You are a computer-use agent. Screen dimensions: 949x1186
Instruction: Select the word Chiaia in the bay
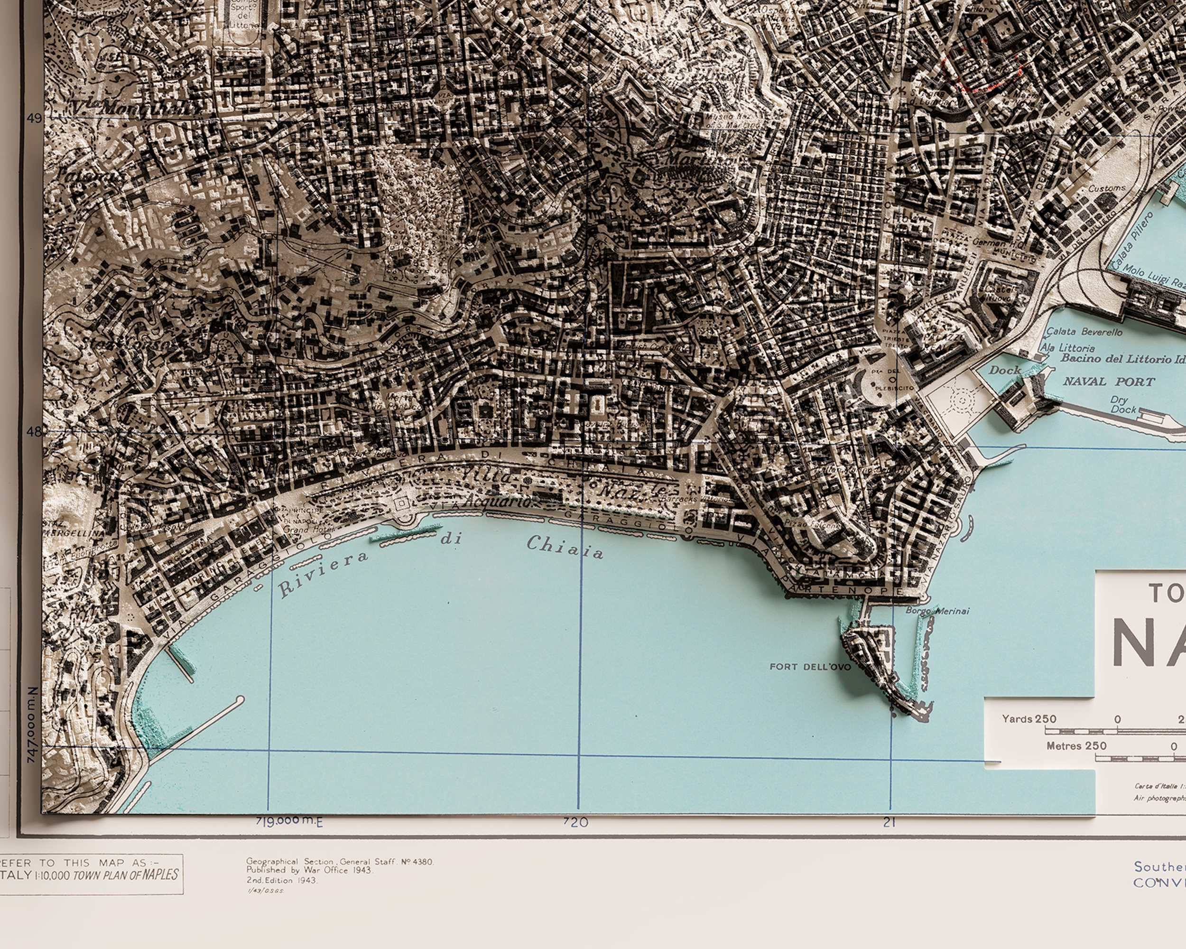coord(565,547)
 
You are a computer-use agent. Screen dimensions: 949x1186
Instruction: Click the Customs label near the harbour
coord(1107,188)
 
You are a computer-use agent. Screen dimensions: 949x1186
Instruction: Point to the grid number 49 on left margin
coord(34,118)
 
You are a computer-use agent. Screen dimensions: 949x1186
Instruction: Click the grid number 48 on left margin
coord(34,431)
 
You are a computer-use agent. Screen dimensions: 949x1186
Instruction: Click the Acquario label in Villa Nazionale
coord(498,502)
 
